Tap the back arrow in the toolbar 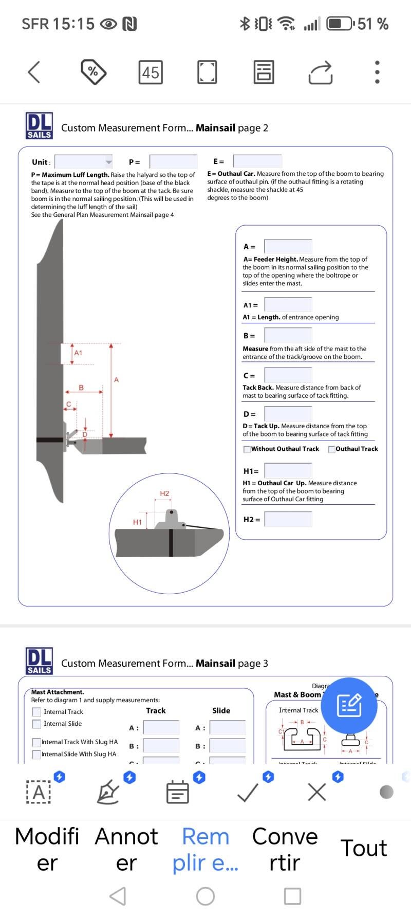coord(34,72)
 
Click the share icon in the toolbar coord(321,72)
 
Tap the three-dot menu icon coord(377,72)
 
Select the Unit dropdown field coord(83,162)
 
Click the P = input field coord(173,162)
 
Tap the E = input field coord(257,161)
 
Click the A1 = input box coord(288,305)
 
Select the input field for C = coord(288,375)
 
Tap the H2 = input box coord(288,519)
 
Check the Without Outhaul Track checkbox coord(247,449)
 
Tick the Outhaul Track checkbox coord(331,449)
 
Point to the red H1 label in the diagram coord(137,522)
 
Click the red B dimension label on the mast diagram coord(81,388)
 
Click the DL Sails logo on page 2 coord(39,126)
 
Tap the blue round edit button coord(349,705)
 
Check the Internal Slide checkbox coord(36,724)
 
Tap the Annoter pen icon coord(108,792)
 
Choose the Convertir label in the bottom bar coord(285,849)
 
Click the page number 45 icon coord(151,72)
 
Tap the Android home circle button coord(206,896)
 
